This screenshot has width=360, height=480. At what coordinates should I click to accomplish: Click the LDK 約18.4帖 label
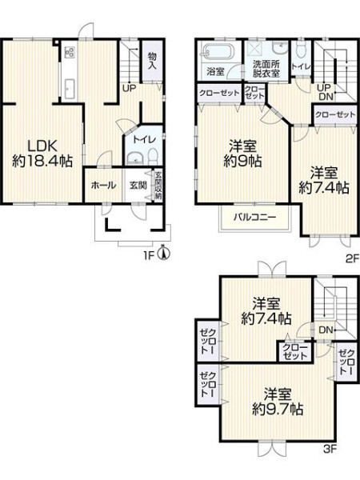[42, 154]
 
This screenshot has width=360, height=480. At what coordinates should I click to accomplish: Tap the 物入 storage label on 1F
[152, 61]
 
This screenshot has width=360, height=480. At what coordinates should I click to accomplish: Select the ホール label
[103, 186]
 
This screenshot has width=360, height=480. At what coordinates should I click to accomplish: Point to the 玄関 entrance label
[138, 186]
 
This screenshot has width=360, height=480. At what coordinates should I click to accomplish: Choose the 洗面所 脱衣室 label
[266, 69]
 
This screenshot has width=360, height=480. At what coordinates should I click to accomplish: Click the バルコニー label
[255, 218]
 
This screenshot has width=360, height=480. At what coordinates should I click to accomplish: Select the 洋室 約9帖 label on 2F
[242, 154]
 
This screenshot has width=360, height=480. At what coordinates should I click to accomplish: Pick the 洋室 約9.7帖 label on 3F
[278, 402]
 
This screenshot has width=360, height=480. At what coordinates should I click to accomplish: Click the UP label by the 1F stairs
[129, 89]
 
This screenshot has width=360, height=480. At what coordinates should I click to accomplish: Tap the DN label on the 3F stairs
[326, 330]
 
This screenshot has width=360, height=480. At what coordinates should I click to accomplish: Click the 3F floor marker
[330, 449]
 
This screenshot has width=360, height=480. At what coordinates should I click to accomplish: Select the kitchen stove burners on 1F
[70, 52]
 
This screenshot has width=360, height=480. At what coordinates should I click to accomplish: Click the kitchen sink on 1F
[70, 89]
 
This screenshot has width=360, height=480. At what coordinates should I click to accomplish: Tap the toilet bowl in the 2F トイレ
[302, 50]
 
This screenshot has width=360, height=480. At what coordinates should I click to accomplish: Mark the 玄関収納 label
[158, 186]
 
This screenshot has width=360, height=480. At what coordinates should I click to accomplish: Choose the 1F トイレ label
[144, 139]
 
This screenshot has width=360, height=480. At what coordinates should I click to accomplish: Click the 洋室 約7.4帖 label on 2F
[324, 180]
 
